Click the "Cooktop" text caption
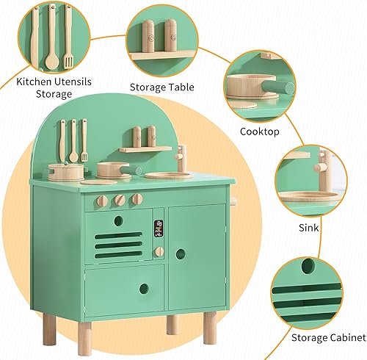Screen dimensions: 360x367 pyautogui.click(x=261, y=132)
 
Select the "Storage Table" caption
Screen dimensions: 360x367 pyautogui.click(x=162, y=87)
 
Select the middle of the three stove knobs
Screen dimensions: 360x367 pyautogui.click(x=120, y=200)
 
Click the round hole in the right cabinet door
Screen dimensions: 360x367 pyautogui.click(x=181, y=254)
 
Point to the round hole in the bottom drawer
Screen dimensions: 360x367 pyautogui.click(x=144, y=289)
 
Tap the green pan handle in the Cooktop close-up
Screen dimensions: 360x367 pyautogui.click(x=283, y=87)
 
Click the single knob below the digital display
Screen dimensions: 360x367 pyautogui.click(x=159, y=251)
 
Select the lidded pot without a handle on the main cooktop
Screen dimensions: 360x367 pyautogui.click(x=67, y=172)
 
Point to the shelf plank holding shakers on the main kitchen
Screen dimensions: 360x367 pyautogui.click(x=145, y=149)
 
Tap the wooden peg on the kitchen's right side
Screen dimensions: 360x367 pyautogui.click(x=234, y=202)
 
